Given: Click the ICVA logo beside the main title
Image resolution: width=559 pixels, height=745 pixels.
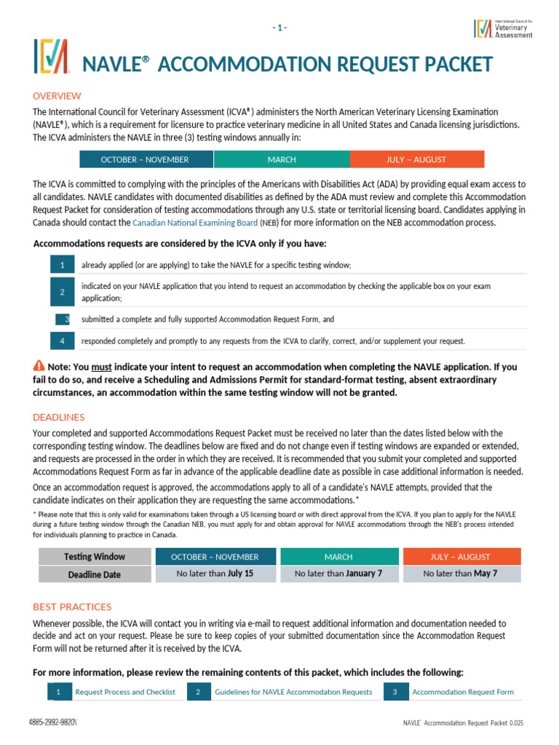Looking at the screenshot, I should [x=51, y=57].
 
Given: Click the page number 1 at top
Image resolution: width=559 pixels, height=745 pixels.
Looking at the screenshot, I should [x=279, y=28].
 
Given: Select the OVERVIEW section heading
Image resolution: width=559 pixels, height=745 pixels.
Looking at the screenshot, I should [x=57, y=96].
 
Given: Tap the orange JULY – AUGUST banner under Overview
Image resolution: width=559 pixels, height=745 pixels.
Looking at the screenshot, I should [x=416, y=159].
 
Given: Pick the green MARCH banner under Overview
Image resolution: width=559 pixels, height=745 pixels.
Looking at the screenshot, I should [x=281, y=159].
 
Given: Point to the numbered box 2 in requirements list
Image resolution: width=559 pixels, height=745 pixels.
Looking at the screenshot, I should [x=63, y=292].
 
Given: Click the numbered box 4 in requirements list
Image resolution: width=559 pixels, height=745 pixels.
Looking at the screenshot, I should [x=63, y=340].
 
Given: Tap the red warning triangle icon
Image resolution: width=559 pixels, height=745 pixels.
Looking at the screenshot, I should [x=39, y=365].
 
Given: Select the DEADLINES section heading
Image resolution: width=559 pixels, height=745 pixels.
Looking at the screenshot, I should [x=59, y=417].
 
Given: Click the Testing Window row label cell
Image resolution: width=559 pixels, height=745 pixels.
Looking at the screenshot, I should [x=94, y=557].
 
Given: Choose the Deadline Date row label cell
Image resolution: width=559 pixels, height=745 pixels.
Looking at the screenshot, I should [x=94, y=574].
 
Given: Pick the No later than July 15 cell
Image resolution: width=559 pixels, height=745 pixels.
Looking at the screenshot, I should [x=215, y=574].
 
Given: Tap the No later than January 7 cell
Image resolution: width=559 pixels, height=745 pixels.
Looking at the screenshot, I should [x=338, y=574].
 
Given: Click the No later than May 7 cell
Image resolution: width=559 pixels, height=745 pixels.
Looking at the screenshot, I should [x=460, y=574].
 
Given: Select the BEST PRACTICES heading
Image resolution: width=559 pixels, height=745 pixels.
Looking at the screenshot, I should [x=72, y=607].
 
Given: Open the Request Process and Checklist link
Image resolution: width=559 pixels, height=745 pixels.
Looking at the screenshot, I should [x=124, y=692].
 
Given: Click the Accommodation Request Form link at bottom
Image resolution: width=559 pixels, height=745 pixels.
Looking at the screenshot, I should [x=462, y=692].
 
